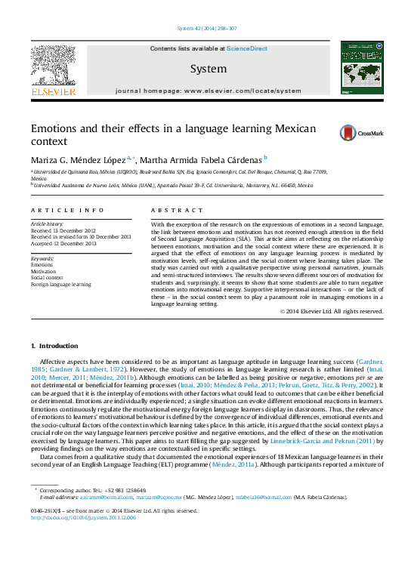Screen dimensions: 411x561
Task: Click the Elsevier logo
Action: click(x=53, y=70)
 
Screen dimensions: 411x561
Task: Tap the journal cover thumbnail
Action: click(x=357, y=69)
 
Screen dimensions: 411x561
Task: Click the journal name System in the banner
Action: click(x=208, y=69)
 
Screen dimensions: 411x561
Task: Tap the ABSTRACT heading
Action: click(x=177, y=210)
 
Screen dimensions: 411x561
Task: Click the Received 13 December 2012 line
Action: click(x=63, y=230)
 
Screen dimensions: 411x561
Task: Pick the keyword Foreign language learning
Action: click(x=60, y=285)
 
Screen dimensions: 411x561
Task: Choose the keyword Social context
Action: click(x=47, y=278)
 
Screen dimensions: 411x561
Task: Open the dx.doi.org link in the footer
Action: click(x=83, y=539)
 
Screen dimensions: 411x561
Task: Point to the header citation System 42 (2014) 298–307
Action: click(x=205, y=29)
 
